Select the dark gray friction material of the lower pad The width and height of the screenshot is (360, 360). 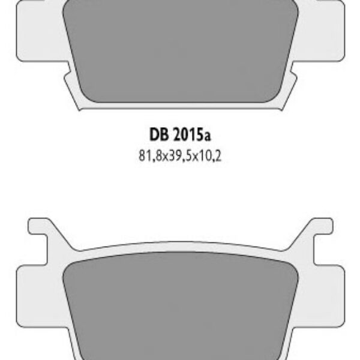180,306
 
